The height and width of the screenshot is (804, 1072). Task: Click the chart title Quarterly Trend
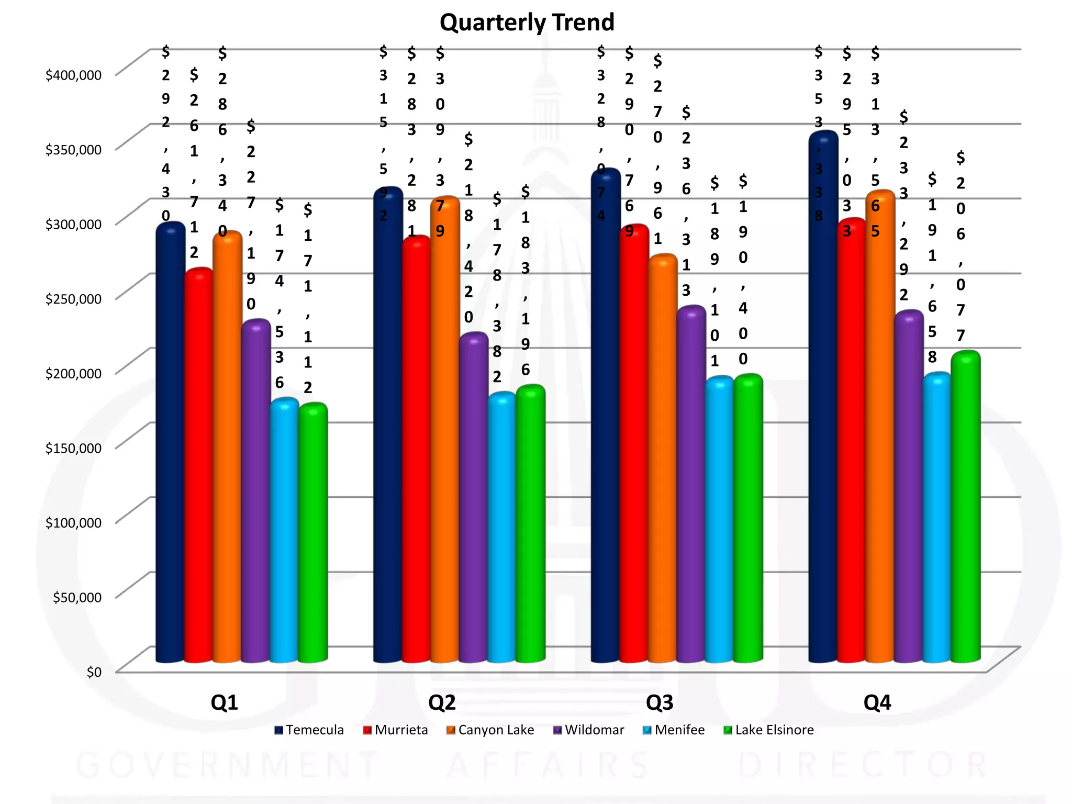click(x=527, y=23)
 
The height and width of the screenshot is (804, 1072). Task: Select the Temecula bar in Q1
click(x=171, y=445)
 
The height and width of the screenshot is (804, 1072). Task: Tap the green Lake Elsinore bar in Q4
click(x=965, y=508)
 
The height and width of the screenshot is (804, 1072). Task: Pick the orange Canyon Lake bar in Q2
click(x=445, y=429)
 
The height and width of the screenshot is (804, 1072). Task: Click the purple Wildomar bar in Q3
click(x=691, y=487)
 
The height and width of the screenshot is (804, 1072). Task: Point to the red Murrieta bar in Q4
click(x=852, y=445)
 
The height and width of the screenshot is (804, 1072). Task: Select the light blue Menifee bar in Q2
click(x=502, y=529)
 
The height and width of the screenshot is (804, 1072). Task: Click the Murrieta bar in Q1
click(x=199, y=466)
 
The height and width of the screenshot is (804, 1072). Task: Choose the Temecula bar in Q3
click(x=606, y=419)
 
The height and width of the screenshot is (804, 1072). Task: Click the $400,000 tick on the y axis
click(x=73, y=75)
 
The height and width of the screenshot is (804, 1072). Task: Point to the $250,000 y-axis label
click(x=73, y=299)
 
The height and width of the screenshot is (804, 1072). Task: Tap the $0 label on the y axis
click(x=94, y=672)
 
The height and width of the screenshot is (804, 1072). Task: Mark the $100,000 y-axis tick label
click(x=73, y=523)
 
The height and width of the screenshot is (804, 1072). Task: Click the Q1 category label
click(x=224, y=702)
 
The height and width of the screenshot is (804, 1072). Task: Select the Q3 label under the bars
click(x=659, y=702)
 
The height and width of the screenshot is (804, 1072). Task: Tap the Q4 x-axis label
click(x=877, y=702)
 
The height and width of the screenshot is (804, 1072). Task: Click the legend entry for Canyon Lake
click(x=490, y=730)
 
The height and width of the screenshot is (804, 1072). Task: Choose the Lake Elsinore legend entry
click(x=768, y=730)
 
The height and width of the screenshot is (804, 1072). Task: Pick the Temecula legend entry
click(x=309, y=730)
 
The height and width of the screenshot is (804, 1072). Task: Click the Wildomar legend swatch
click(x=557, y=730)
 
